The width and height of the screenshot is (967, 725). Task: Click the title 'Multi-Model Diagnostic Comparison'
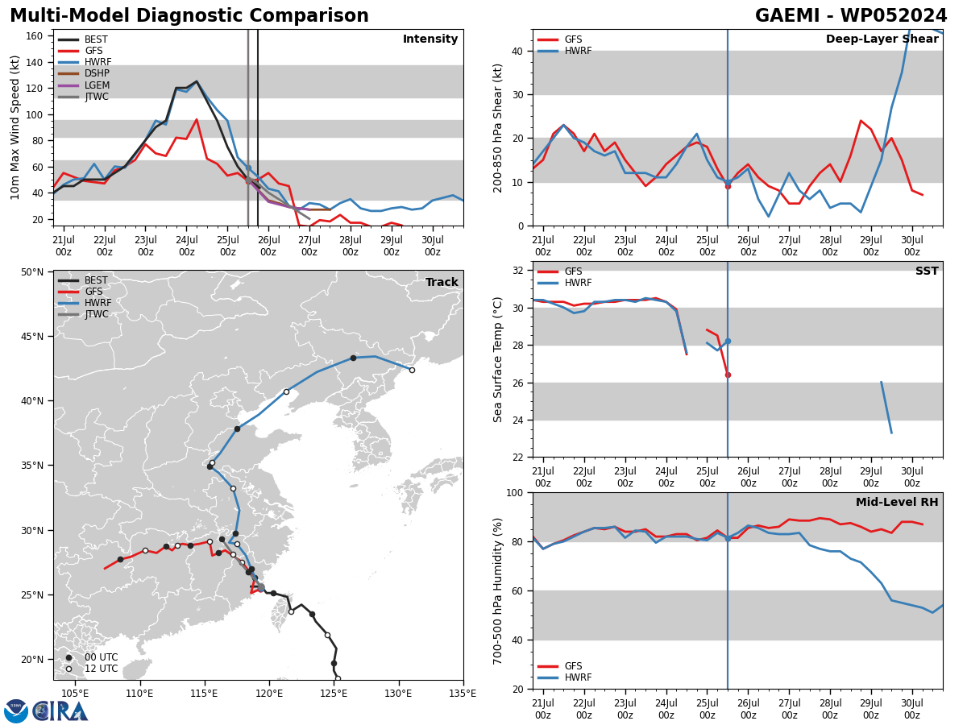[x=189, y=15]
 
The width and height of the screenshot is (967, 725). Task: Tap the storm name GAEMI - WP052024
[x=851, y=15]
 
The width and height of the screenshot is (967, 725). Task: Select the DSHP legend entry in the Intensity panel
[x=84, y=73]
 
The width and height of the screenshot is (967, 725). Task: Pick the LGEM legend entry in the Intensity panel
[x=84, y=85]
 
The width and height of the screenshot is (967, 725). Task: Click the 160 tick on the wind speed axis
[x=35, y=36]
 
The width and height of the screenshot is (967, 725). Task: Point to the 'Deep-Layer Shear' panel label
[x=882, y=39]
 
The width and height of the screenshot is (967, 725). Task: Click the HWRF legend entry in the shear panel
[x=565, y=51]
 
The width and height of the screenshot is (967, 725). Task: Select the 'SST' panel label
[x=927, y=271]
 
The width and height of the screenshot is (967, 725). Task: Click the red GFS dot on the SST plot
[x=728, y=375]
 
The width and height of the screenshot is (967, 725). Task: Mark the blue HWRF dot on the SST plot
[x=728, y=341]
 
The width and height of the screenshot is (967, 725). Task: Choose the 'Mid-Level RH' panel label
[x=897, y=502]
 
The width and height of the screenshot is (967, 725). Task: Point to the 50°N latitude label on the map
[x=32, y=272]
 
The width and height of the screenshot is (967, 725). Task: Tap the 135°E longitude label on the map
[x=463, y=694]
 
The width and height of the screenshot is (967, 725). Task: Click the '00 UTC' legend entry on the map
[x=92, y=657]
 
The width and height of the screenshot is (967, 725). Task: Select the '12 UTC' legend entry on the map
[x=92, y=669]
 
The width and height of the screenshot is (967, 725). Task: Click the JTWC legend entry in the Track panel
[x=83, y=314]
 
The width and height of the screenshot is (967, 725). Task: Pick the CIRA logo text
[x=60, y=711]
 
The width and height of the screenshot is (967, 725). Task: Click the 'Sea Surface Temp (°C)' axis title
[x=497, y=359]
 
